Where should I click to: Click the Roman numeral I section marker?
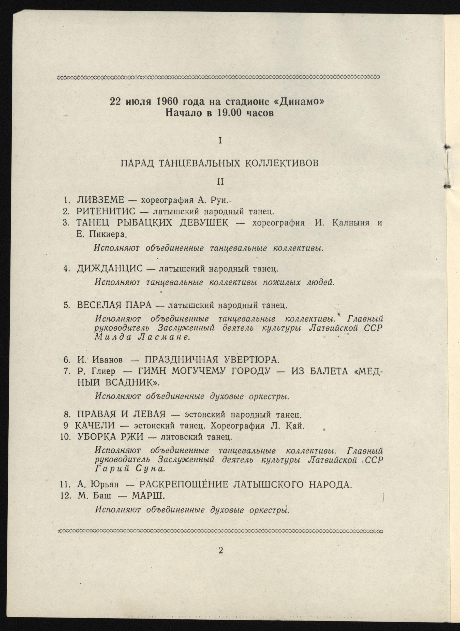tap(220, 141)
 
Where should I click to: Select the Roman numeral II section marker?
tap(220, 182)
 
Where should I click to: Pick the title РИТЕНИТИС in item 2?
tap(106, 211)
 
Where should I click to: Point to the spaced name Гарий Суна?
tap(129, 469)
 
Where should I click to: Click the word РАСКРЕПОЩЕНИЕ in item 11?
tap(183, 485)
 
